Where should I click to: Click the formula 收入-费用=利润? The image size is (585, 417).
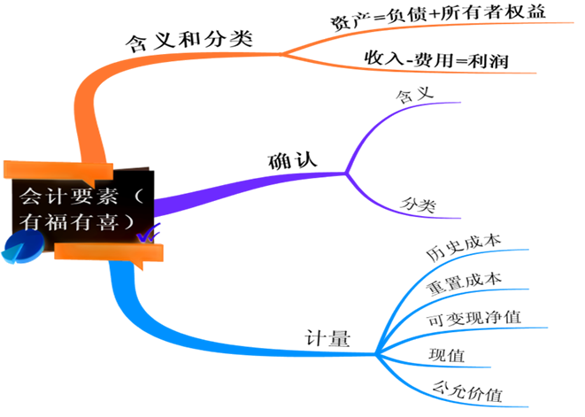[437, 59]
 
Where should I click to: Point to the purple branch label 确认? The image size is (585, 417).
[292, 161]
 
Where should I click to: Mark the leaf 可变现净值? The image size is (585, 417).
[472, 318]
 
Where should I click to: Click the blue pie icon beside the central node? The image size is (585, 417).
[19, 250]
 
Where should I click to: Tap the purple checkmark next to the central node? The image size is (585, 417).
[148, 233]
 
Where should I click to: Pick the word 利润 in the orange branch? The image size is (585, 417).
[490, 59]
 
